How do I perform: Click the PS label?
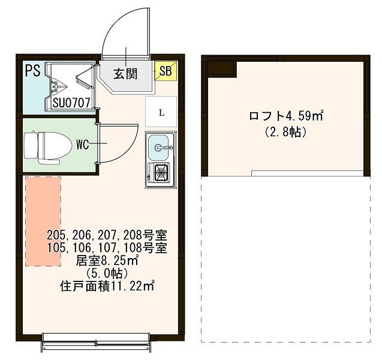click(32, 71)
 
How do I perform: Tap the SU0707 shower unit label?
click(71, 103)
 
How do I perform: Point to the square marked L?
click(161, 112)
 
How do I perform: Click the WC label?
click(83, 144)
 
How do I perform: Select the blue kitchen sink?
click(160, 148)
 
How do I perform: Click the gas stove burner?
click(161, 174)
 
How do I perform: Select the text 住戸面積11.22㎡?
click(107, 286)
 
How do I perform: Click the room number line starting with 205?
click(107, 234)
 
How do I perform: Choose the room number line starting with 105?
click(107, 247)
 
